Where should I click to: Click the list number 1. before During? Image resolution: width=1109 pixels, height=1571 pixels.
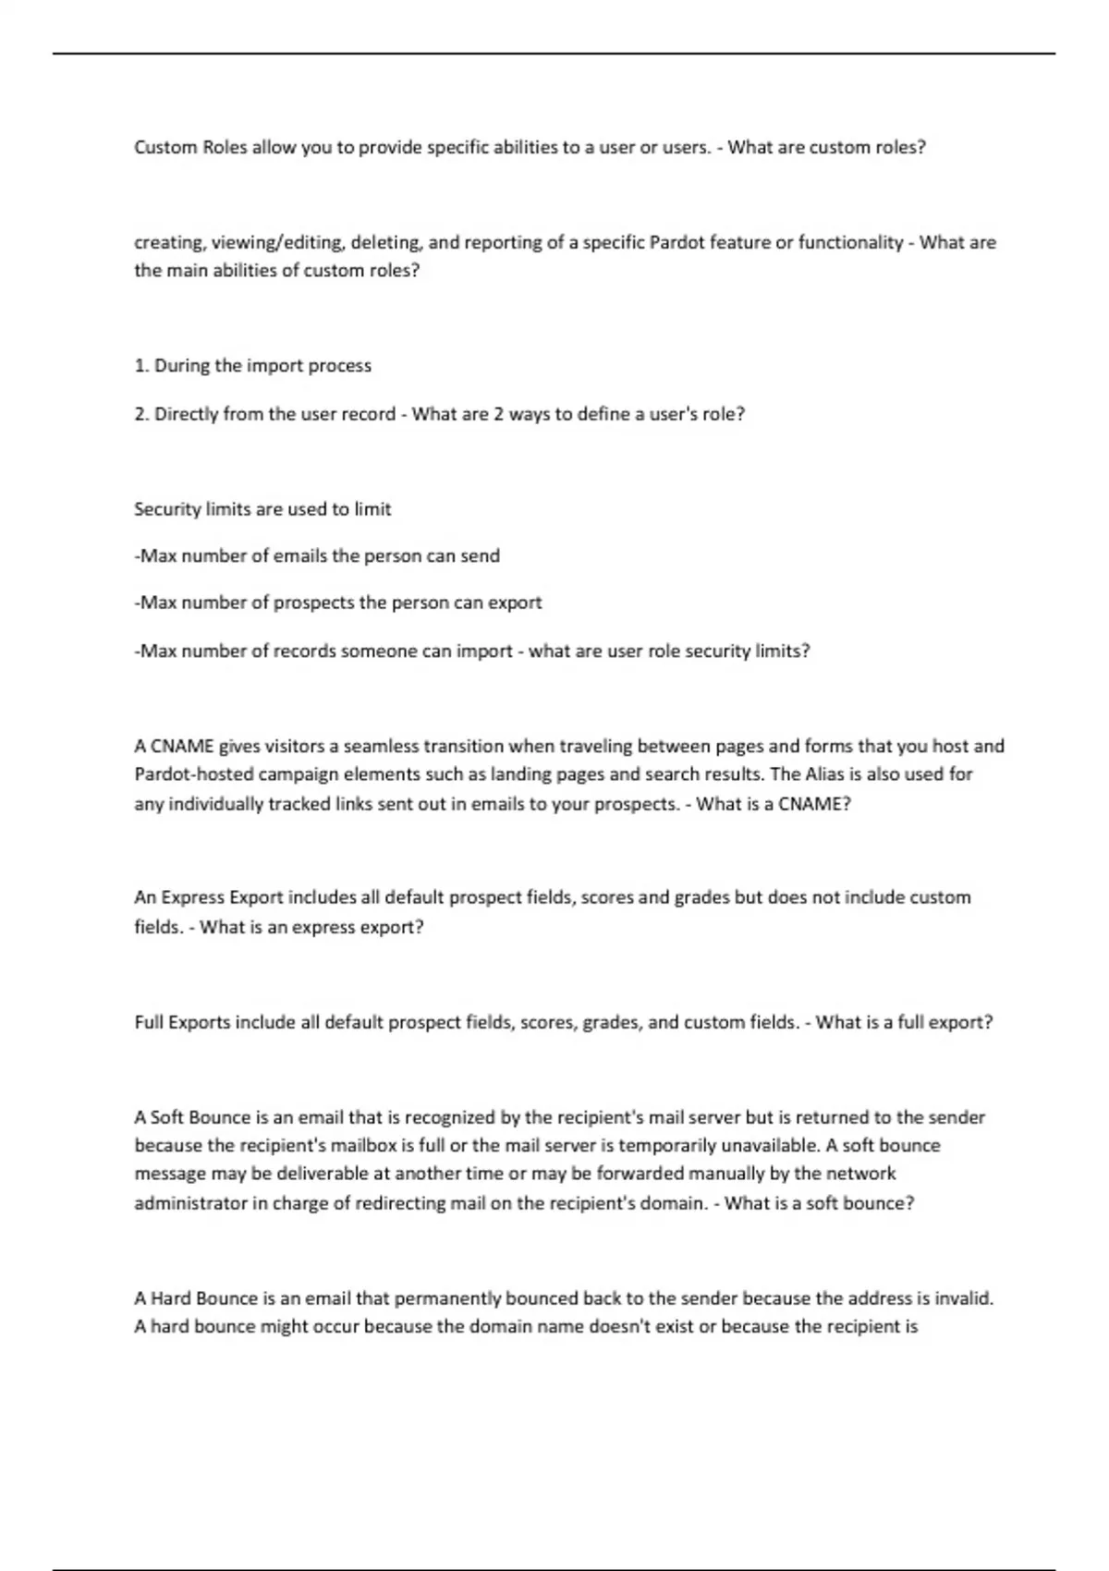141,366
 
